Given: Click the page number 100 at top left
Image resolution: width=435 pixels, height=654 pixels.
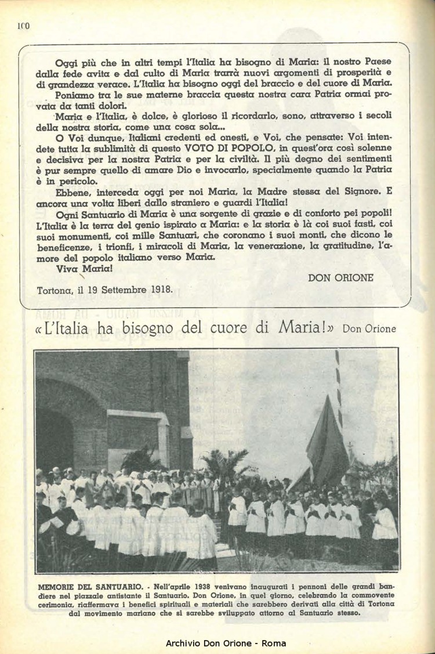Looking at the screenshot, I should coord(23,26).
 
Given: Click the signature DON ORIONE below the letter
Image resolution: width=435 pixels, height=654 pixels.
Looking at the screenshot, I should coord(341,278).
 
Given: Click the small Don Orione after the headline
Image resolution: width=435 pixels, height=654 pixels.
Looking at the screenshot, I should coord(369,328).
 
